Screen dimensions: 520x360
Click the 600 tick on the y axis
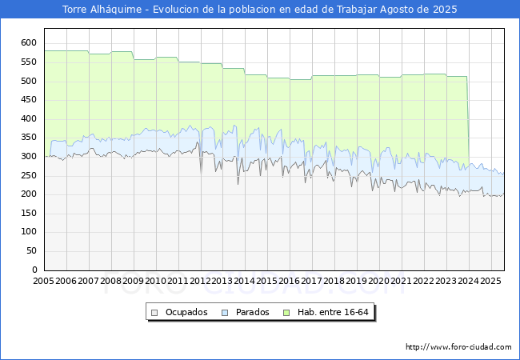point(29,42)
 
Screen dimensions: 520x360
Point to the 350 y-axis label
point(29,138)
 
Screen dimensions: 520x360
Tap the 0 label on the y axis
point(34,270)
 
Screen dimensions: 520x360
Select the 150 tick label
point(29,213)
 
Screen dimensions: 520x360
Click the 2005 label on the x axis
point(43,281)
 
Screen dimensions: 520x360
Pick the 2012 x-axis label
point(200,281)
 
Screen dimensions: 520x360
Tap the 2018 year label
point(334,281)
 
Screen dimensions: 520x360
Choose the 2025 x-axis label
point(490,281)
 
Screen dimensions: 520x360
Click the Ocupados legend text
point(186,312)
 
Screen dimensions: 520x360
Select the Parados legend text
point(252,312)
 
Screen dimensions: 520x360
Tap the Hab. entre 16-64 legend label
point(333,312)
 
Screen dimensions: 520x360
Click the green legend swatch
point(286,313)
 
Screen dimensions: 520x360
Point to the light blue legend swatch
point(225,313)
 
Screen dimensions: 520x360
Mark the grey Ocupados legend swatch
point(154,313)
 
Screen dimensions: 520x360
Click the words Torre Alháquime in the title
point(102,10)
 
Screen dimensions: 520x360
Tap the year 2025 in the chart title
point(445,10)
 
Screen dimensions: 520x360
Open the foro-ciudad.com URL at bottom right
point(458,346)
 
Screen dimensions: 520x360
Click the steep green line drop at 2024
point(468,121)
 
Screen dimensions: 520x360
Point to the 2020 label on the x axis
point(378,281)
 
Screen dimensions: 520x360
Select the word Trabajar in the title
point(357,10)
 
